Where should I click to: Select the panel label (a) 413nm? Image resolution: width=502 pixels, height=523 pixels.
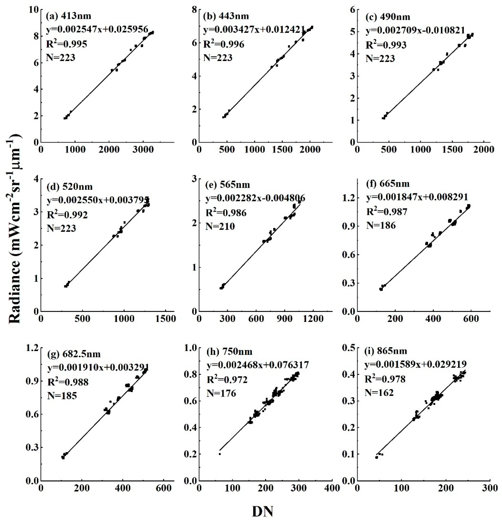(68, 16)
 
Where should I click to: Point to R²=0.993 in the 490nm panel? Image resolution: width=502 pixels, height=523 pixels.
(386, 45)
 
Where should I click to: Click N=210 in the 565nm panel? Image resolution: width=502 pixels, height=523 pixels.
(220, 226)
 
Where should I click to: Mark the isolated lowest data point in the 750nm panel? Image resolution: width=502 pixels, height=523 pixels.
(220, 454)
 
